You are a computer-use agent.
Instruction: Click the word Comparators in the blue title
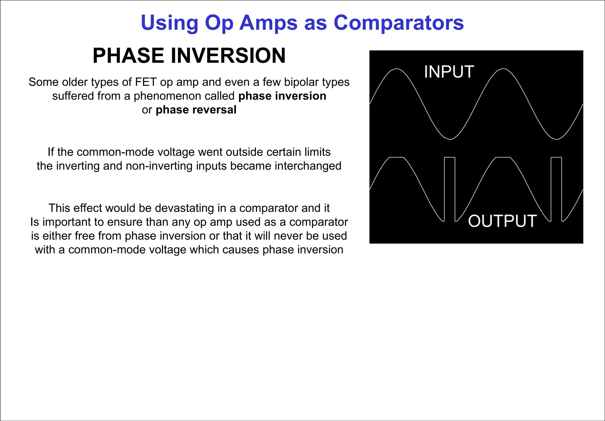point(399,23)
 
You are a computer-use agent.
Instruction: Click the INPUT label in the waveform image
point(449,72)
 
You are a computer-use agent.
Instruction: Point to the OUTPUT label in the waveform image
point(502,221)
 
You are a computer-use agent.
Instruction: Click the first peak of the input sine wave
point(397,69)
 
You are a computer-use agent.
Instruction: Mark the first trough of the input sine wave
point(450,139)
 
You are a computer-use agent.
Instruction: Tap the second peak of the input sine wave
point(503,69)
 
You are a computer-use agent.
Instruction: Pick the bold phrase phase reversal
point(196,110)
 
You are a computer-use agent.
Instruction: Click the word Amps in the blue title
point(268,23)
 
